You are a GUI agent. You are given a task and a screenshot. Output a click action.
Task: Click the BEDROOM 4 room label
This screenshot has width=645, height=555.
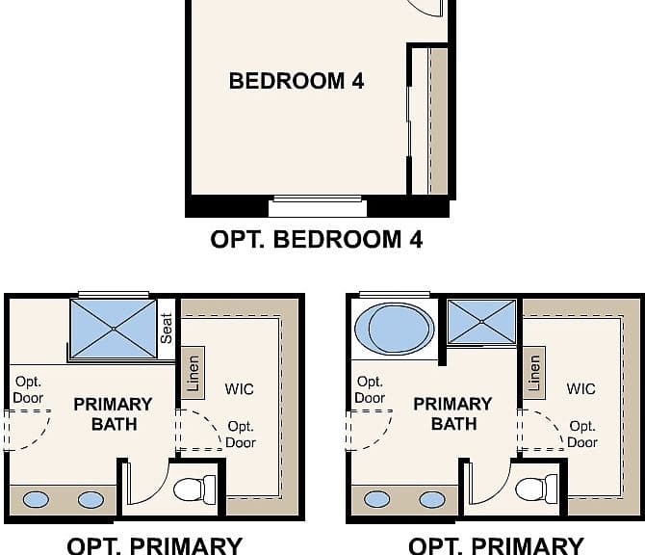(x=297, y=81)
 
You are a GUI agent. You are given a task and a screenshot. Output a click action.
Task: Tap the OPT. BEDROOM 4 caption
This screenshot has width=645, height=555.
(x=317, y=239)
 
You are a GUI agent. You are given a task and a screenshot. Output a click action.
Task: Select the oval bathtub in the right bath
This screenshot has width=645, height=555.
(x=394, y=329)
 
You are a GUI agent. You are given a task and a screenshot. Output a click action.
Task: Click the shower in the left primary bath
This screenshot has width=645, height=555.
(x=114, y=329)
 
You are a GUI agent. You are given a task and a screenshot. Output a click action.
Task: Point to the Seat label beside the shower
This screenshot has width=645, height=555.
(x=167, y=329)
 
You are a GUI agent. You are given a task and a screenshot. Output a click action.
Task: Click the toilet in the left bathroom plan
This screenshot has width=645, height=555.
(x=194, y=489)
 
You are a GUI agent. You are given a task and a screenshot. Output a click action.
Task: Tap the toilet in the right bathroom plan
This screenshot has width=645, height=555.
(x=536, y=489)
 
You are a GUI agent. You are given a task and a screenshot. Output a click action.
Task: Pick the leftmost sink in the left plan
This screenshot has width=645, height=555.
(x=36, y=500)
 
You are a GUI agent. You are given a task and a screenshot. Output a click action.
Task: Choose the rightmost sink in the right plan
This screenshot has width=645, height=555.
(x=432, y=500)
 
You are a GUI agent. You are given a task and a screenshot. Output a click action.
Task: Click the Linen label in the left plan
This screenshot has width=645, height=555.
(x=193, y=374)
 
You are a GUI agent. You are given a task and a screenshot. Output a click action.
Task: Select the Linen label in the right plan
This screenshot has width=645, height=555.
(x=534, y=373)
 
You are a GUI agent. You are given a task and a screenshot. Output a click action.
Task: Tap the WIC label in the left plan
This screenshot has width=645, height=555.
(x=240, y=389)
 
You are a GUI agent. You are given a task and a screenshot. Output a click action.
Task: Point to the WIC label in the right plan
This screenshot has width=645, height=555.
(x=580, y=388)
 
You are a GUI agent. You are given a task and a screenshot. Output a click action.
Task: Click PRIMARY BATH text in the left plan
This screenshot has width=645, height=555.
(x=114, y=414)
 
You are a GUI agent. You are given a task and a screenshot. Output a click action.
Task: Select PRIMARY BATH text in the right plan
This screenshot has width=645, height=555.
(x=452, y=413)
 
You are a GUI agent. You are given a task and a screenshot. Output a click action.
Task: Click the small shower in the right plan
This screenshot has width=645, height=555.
(x=481, y=322)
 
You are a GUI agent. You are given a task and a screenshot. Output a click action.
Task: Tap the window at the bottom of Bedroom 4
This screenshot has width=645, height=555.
(x=318, y=198)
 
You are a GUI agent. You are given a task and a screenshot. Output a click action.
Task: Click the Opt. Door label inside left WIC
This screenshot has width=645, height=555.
(x=241, y=435)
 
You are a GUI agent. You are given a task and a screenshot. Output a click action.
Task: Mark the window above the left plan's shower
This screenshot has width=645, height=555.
(x=114, y=295)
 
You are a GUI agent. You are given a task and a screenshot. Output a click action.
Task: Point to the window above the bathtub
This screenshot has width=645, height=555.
(x=395, y=295)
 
